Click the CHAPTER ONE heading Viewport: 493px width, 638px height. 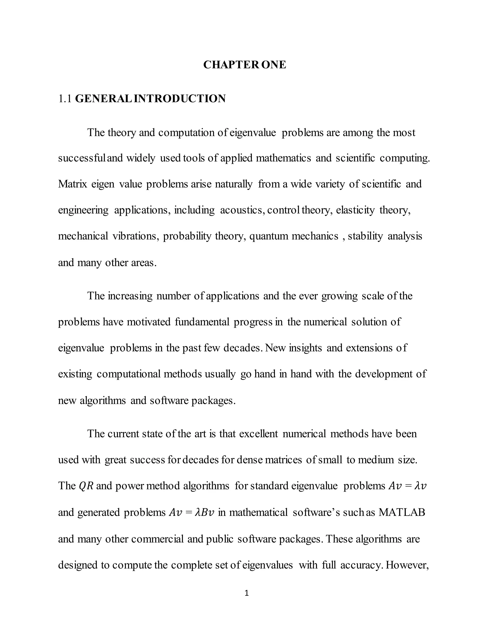click(x=245, y=65)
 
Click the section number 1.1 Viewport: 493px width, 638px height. click(x=65, y=99)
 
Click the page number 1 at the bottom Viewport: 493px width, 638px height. click(x=246, y=593)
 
